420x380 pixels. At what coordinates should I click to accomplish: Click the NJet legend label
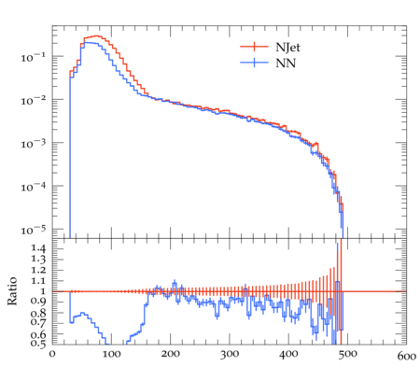click(x=287, y=48)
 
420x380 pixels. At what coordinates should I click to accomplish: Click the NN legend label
click(x=286, y=63)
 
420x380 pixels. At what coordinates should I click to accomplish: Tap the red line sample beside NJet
click(x=254, y=47)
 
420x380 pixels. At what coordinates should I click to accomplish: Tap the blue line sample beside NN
click(x=254, y=63)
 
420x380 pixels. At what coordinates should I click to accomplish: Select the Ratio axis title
click(x=12, y=291)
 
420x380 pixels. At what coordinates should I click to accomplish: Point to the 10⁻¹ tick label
click(x=33, y=57)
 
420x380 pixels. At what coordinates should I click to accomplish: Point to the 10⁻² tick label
click(x=33, y=100)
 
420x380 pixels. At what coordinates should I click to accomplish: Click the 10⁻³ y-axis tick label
click(x=33, y=144)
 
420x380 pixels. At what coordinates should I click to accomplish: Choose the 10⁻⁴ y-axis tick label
click(x=33, y=187)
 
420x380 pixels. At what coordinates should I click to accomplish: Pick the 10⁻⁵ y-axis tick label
click(x=33, y=230)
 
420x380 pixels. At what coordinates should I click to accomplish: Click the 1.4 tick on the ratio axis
click(x=38, y=248)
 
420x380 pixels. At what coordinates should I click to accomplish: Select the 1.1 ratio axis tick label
click(x=38, y=281)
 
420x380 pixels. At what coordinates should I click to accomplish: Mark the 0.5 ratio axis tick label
click(x=38, y=344)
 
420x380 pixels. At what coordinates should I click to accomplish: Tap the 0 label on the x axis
click(x=52, y=354)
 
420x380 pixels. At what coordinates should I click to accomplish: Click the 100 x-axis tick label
click(x=111, y=354)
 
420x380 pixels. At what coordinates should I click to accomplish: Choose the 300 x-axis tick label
click(x=230, y=354)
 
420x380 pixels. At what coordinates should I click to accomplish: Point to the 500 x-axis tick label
click(x=347, y=354)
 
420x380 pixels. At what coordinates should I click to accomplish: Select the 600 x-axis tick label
click(x=407, y=356)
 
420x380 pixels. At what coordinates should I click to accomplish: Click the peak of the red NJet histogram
click(x=96, y=35)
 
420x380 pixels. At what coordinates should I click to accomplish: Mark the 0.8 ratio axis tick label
click(x=38, y=313)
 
